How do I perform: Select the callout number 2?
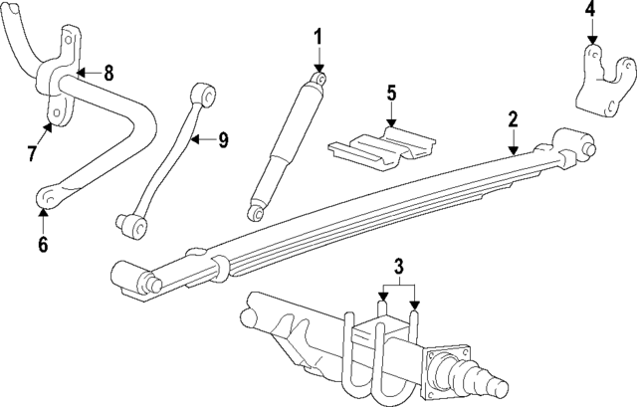click(513, 119)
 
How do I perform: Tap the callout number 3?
click(398, 266)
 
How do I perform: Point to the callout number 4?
click(589, 11)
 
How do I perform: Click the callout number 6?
click(43, 244)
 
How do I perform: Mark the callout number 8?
click(108, 72)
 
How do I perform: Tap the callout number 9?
click(223, 139)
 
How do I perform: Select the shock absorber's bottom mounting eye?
click(257, 211)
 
